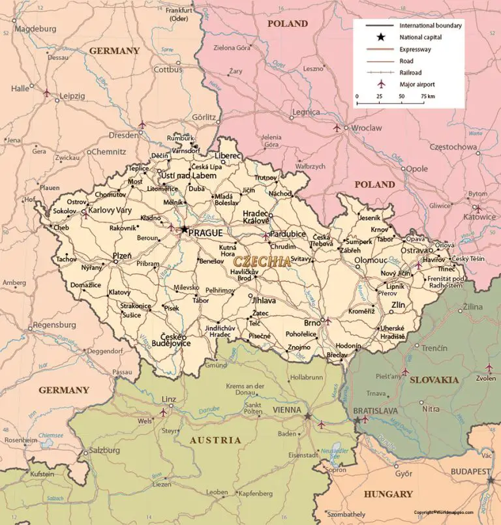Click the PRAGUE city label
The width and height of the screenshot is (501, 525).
tap(205, 233)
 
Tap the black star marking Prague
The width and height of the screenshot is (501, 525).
tap(185, 230)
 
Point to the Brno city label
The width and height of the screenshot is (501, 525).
tap(312, 323)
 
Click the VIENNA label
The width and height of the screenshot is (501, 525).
tap(286, 410)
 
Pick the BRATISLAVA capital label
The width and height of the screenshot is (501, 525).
tap(375, 410)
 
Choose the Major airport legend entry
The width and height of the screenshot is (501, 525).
tap(417, 84)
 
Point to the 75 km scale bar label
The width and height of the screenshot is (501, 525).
tap(427, 96)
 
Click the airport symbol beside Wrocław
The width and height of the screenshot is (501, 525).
tap(337, 128)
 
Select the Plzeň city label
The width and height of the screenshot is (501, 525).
tap(122, 256)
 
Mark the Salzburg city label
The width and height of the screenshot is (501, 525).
tap(104, 450)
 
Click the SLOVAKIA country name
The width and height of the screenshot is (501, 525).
tap(434, 380)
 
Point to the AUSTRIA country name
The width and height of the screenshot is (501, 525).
tap(215, 440)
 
